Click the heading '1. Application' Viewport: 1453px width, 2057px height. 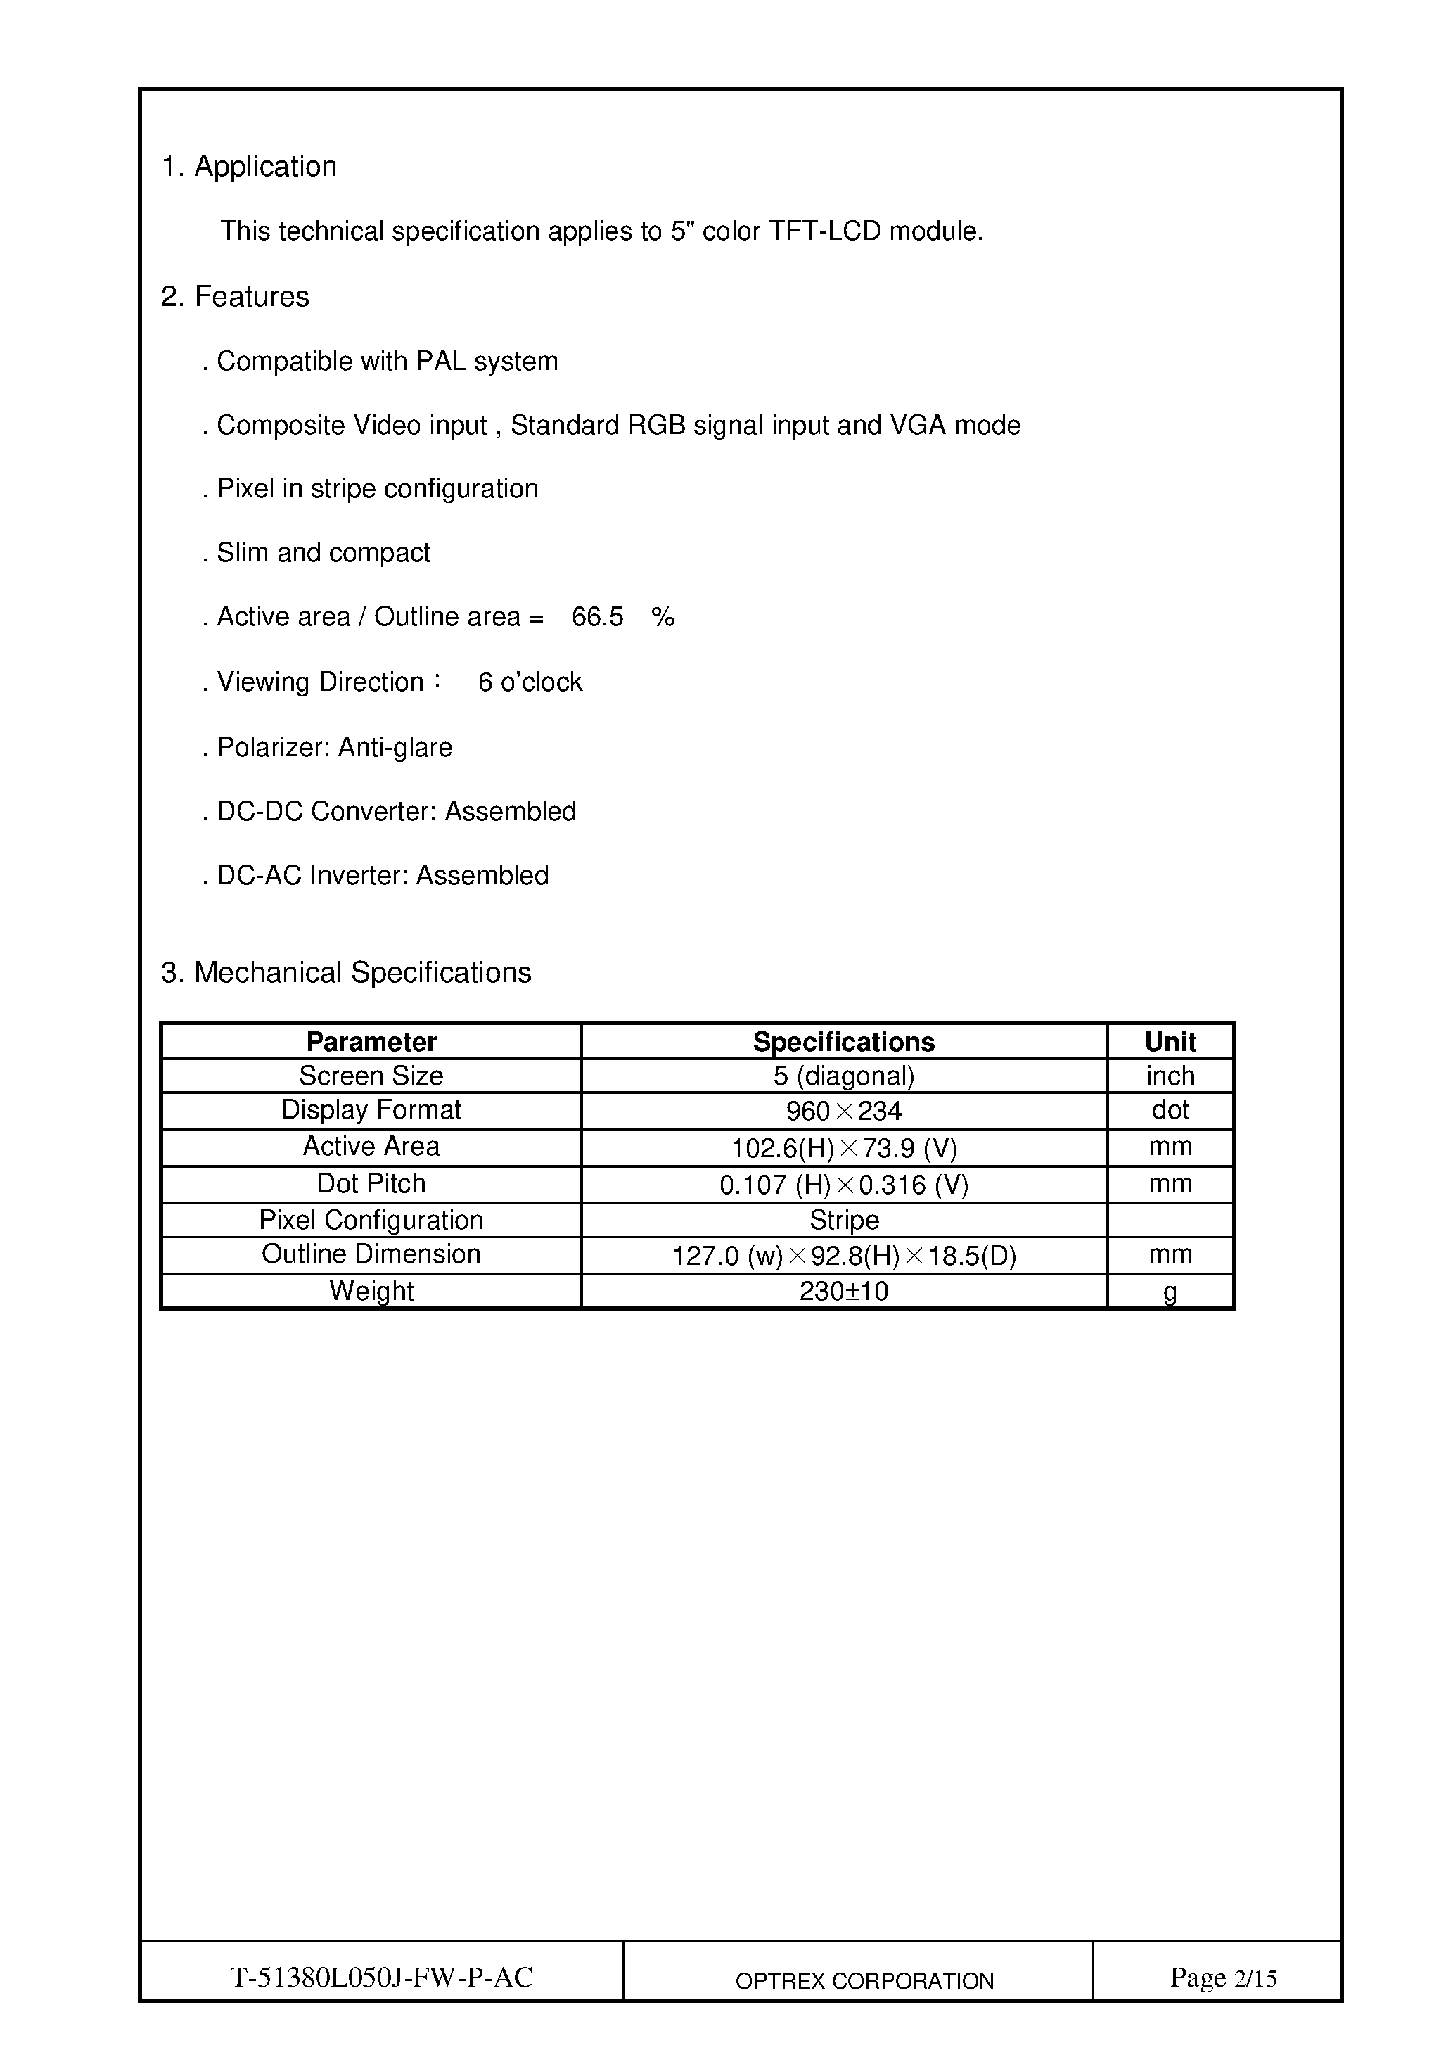(249, 167)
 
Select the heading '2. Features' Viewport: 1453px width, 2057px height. (235, 297)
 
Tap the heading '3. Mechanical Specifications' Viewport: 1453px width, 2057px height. (346, 972)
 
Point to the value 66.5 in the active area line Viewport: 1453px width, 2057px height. (598, 617)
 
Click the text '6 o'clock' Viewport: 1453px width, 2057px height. (530, 682)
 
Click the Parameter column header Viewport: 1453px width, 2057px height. (371, 1042)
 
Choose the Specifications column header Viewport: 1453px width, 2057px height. (844, 1042)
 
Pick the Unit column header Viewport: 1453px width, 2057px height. (1170, 1042)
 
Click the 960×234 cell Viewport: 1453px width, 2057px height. (844, 1112)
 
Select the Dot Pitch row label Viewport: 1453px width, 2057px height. (371, 1183)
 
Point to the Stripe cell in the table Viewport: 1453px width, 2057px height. (844, 1221)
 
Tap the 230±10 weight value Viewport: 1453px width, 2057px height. (844, 1291)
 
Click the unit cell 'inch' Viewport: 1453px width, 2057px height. (1170, 1076)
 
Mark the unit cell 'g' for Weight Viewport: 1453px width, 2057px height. (1170, 1292)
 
